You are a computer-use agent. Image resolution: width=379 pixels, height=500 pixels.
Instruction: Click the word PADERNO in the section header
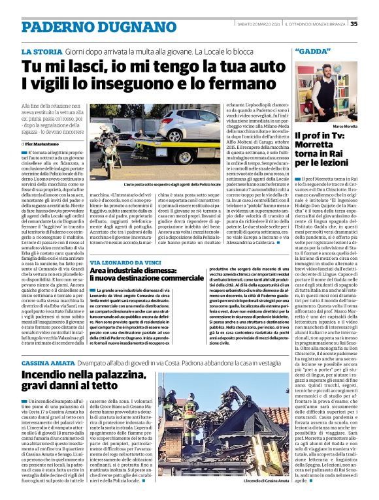[x=58, y=27]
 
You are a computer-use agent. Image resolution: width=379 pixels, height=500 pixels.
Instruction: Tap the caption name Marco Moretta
[x=345, y=125]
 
